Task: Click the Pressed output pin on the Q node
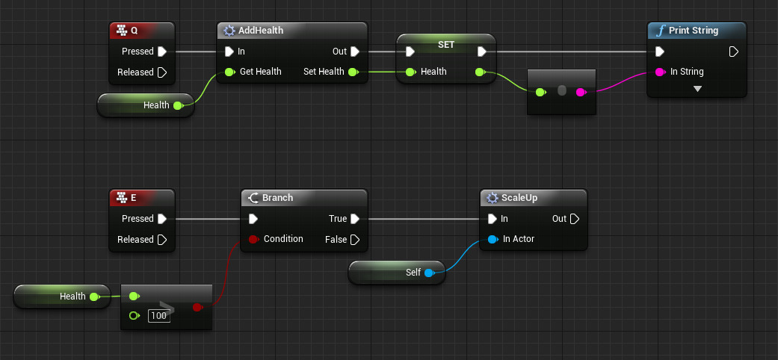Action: pyautogui.click(x=162, y=52)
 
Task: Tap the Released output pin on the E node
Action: pyautogui.click(x=162, y=240)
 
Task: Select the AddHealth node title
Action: pyautogui.click(x=261, y=31)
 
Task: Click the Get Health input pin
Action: pyautogui.click(x=230, y=72)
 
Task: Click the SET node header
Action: pyautogui.click(x=445, y=46)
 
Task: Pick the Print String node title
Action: pyautogui.click(x=694, y=31)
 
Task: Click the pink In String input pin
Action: pyautogui.click(x=659, y=72)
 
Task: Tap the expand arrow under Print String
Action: pyautogui.click(x=697, y=88)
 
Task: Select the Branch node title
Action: pyautogui.click(x=277, y=198)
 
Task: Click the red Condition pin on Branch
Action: pyautogui.click(x=253, y=239)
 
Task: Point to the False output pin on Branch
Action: pyautogui.click(x=355, y=240)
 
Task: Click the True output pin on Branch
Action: pyautogui.click(x=355, y=219)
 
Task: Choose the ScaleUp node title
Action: pyautogui.click(x=521, y=198)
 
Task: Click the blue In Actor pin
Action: pyautogui.click(x=492, y=239)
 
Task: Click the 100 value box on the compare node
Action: pyautogui.click(x=158, y=316)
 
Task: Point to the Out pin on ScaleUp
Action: pyautogui.click(x=574, y=219)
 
